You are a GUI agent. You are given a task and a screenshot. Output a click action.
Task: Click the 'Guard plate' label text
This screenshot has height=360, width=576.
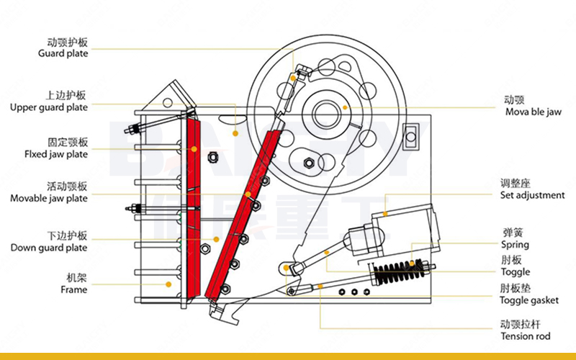click(x=63, y=53)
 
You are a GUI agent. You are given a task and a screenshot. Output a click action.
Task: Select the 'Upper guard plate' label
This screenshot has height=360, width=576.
click(x=49, y=107)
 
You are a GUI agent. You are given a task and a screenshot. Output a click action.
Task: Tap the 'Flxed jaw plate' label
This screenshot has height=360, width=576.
click(x=56, y=154)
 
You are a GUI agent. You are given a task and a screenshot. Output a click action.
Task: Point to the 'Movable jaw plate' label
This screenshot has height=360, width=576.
click(x=49, y=199)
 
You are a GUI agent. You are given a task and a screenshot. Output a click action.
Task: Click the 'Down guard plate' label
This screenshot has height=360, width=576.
click(x=49, y=248)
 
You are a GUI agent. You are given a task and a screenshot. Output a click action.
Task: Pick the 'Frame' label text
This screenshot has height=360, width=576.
click(x=74, y=289)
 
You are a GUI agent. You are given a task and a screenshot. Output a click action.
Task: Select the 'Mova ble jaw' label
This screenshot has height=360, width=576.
click(x=534, y=112)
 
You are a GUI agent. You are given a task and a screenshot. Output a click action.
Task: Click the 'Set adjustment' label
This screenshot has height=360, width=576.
click(x=532, y=195)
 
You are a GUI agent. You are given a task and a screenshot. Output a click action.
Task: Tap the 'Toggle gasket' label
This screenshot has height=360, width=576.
click(x=529, y=300)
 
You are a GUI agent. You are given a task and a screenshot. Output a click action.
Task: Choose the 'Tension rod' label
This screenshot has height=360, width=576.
click(x=526, y=336)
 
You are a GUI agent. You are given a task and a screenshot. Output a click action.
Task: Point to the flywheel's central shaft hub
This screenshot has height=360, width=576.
click(x=326, y=113)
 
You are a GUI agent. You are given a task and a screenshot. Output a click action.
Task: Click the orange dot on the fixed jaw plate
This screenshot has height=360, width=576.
click(x=194, y=149)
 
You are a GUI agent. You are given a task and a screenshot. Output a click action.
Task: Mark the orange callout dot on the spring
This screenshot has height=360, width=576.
click(x=412, y=263)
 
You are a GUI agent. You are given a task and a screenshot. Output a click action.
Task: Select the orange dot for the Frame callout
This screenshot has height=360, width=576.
click(x=168, y=284)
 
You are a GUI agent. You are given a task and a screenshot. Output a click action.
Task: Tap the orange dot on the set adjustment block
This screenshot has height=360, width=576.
click(x=385, y=214)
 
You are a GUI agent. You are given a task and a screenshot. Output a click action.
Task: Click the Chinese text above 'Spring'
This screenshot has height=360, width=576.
click(x=513, y=233)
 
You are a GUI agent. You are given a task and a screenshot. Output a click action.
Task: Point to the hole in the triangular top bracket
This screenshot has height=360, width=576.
click(x=168, y=102)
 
